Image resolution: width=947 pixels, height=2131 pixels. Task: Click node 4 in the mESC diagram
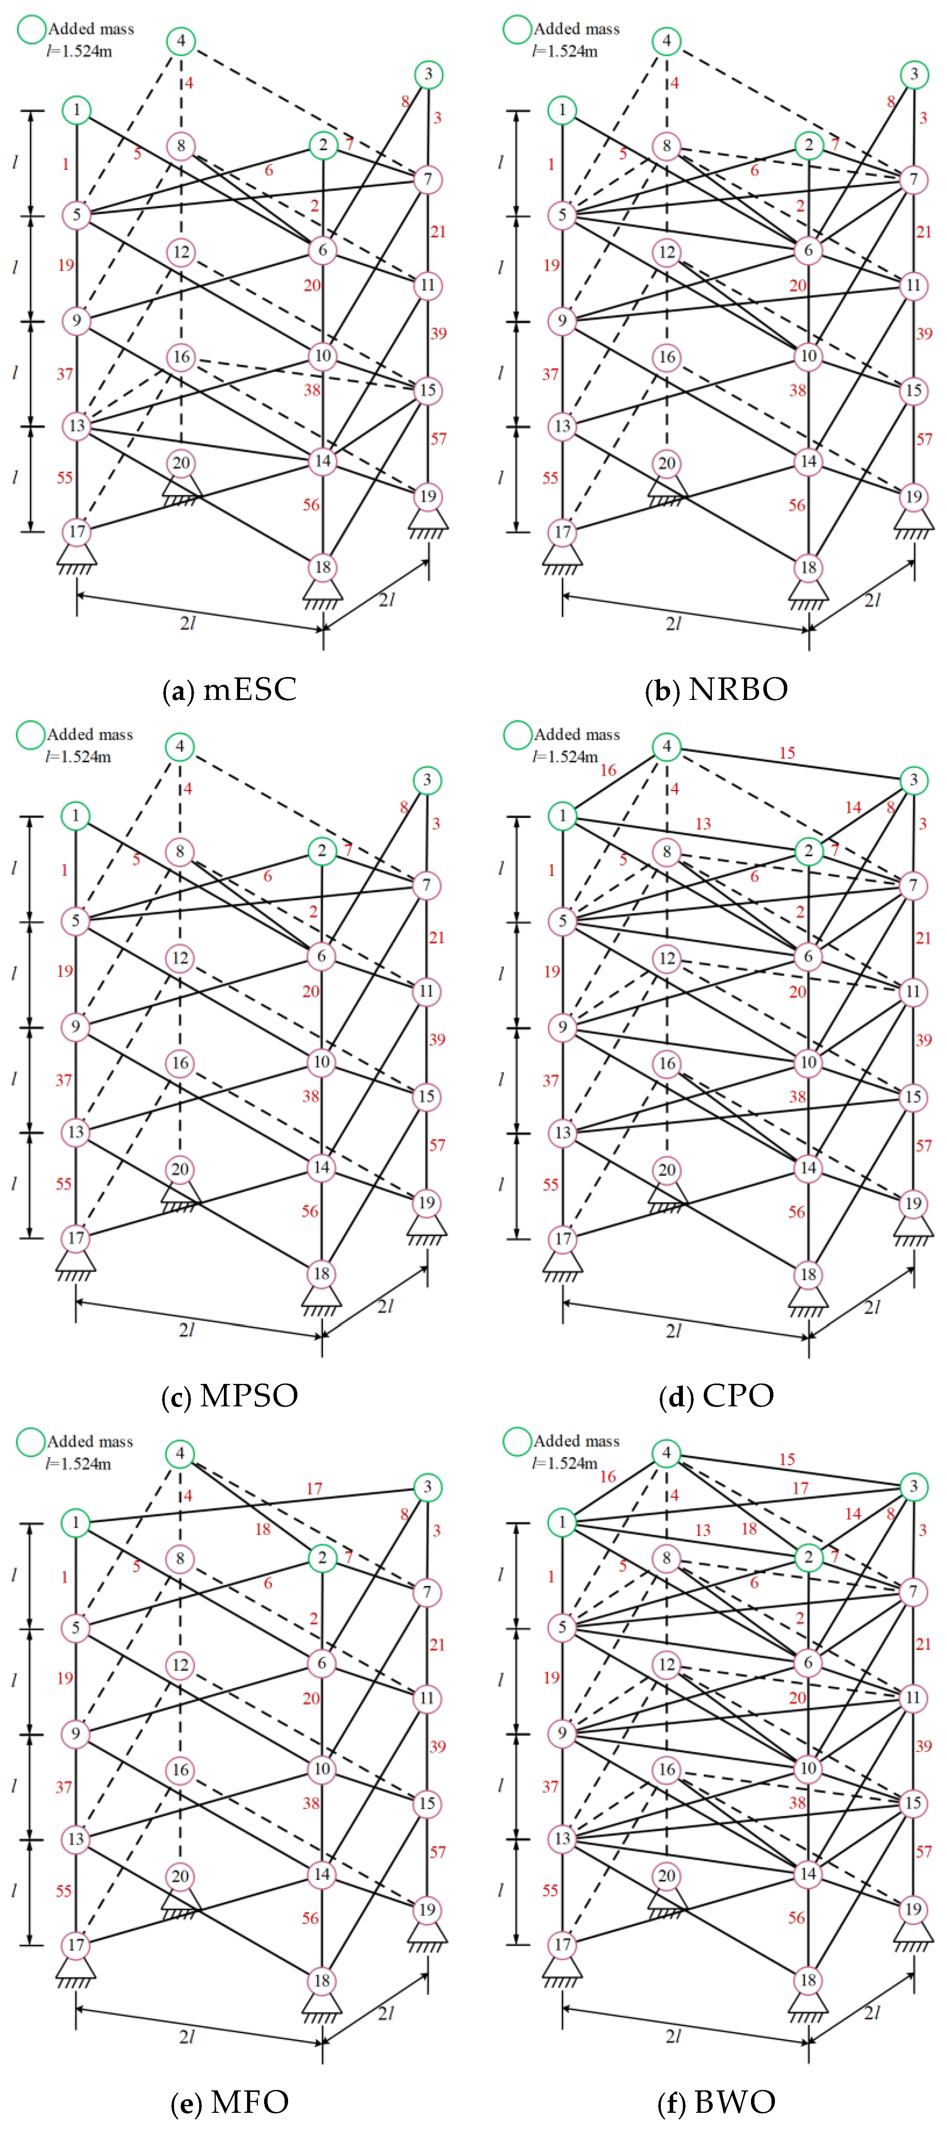pyautogui.click(x=181, y=41)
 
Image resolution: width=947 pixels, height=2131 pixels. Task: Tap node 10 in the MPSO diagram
pyautogui.click(x=322, y=1061)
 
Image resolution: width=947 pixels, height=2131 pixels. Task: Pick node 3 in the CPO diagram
pyautogui.click(x=913, y=779)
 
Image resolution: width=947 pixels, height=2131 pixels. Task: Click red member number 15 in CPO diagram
pyautogui.click(x=787, y=753)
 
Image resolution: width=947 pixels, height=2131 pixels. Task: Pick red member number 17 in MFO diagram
pyautogui.click(x=314, y=1488)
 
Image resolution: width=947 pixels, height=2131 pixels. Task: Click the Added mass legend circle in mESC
pyautogui.click(x=31, y=30)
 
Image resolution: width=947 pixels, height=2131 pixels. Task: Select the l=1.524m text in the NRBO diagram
pyautogui.click(x=565, y=51)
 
